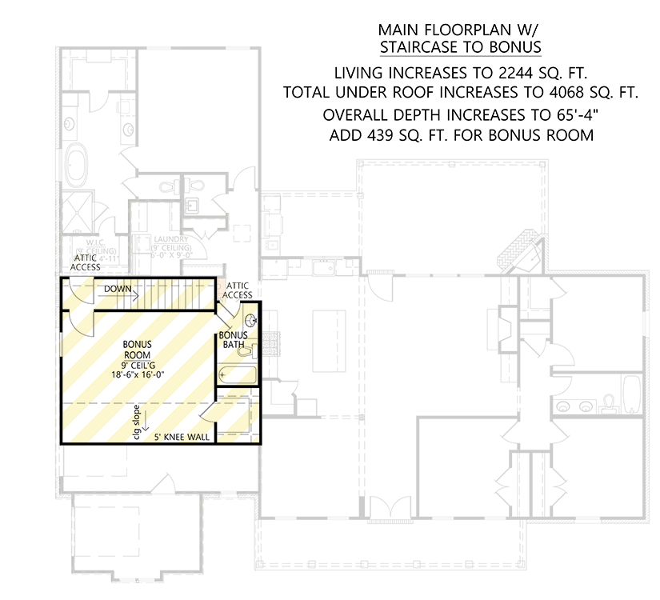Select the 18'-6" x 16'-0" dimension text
pos(137,373)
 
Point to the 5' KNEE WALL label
pos(182,438)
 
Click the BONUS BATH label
pos(234,340)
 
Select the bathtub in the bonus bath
pos(238,374)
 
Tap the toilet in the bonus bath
pos(246,350)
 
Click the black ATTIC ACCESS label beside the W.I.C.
pos(86,262)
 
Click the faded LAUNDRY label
pos(171,239)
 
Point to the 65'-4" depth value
pos(571,114)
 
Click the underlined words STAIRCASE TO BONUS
pos(460,47)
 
